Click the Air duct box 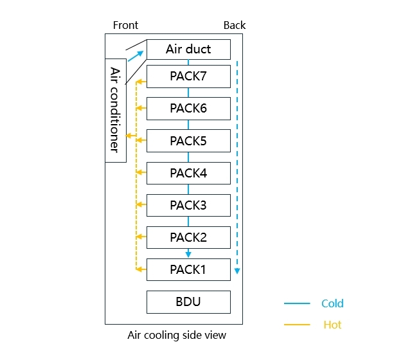188,50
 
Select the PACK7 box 188,76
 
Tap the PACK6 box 188,108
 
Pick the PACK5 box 188,140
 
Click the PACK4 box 188,173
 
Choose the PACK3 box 188,205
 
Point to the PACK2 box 188,237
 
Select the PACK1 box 188,269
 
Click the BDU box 188,301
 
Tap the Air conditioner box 116,109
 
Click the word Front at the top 125,26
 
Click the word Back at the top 235,26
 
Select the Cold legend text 332,303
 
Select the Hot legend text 332,325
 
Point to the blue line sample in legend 296,303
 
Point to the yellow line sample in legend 296,325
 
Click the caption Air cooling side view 177,335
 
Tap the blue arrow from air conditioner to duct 136,56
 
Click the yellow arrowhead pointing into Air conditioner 129,136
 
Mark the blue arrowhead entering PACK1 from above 188,254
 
